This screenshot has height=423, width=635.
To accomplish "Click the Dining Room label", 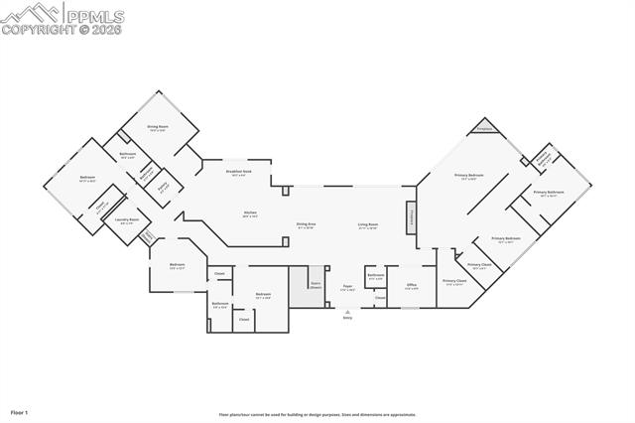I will tap(157, 128).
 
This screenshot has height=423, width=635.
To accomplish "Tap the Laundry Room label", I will tap(126, 220).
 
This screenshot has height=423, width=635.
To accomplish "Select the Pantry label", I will tap(163, 185).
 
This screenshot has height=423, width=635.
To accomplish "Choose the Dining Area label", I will tap(306, 225).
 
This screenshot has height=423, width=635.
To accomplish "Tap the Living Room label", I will tap(368, 225).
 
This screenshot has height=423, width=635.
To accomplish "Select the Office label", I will tap(412, 286).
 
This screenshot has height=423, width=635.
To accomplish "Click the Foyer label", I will tap(347, 287).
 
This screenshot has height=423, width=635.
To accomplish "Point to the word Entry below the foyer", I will tap(347, 318).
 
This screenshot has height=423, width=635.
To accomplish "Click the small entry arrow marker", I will tap(347, 310).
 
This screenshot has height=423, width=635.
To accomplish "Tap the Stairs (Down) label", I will tap(317, 284).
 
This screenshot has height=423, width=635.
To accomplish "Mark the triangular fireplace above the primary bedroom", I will tap(484, 128).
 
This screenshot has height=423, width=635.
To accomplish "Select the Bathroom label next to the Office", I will tap(376, 276).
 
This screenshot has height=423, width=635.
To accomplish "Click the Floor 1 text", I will tap(20, 411).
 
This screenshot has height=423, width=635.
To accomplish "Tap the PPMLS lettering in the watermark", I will tap(96, 14).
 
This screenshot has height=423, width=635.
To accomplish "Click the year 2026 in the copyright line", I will tap(107, 30).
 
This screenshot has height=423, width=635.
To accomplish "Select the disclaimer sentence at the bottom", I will tap(317, 415).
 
